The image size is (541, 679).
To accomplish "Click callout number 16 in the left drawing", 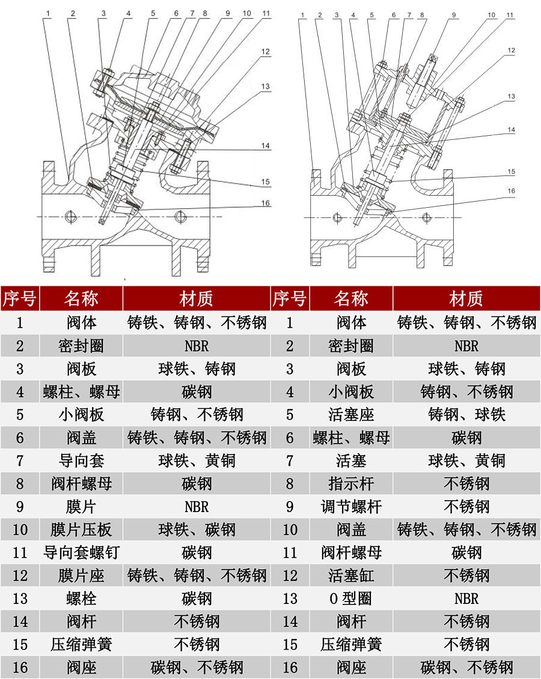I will pyautogui.click(x=265, y=203).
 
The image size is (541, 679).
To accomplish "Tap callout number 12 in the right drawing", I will pyautogui.click(x=511, y=51).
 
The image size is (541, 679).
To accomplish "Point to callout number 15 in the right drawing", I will pyautogui.click(x=511, y=172).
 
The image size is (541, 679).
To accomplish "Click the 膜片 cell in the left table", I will pyautogui.click(x=81, y=507).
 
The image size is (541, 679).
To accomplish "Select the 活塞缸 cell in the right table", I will pyautogui.click(x=351, y=576).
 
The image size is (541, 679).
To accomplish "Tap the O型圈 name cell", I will pyautogui.click(x=351, y=599).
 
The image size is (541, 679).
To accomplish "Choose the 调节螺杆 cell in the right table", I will pyautogui.click(x=351, y=507).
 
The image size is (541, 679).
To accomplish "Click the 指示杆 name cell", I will pyautogui.click(x=351, y=484).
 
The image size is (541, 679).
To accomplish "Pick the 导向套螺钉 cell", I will pyautogui.click(x=81, y=553).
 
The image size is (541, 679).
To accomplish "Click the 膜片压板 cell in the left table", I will pyautogui.click(x=81, y=530).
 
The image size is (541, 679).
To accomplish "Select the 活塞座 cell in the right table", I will pyautogui.click(x=351, y=415).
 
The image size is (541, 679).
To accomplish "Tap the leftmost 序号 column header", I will pyautogui.click(x=20, y=298).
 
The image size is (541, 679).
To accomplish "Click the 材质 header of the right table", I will pyautogui.click(x=466, y=298).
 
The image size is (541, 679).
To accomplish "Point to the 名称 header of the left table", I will pyautogui.click(x=81, y=298).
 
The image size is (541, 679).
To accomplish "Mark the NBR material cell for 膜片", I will pyautogui.click(x=197, y=507).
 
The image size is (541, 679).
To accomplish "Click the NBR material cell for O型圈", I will pyautogui.click(x=466, y=599).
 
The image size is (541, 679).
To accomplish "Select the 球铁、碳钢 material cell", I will pyautogui.click(x=197, y=530).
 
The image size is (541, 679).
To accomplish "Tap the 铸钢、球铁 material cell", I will pyautogui.click(x=466, y=415).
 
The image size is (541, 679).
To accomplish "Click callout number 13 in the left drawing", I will pyautogui.click(x=265, y=86).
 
